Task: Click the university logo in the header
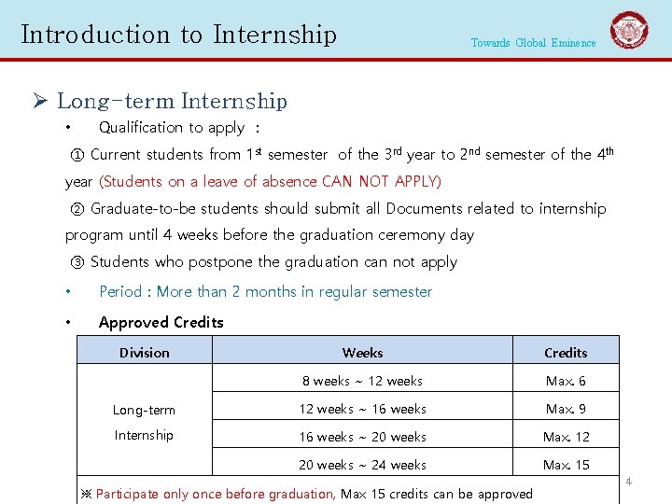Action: pos(629,31)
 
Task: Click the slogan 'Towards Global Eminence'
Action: pos(533,43)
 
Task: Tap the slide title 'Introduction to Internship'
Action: pos(178,35)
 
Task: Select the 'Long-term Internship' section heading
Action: pos(172,101)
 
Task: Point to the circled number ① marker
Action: pos(77,155)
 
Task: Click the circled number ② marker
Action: pos(77,209)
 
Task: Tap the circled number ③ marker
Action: pos(77,262)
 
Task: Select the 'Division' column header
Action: pos(145,353)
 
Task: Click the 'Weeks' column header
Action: pos(362,353)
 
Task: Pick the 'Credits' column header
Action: pos(566,353)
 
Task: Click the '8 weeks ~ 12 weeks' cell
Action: pos(362,381)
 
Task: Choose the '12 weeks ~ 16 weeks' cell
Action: pos(362,409)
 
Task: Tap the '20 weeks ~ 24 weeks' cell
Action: pos(362,465)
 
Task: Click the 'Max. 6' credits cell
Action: pos(566,381)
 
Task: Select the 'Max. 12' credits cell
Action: pos(566,437)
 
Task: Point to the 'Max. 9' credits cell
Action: pos(566,409)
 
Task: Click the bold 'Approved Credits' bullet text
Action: pos(161,323)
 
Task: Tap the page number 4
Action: pos(629,482)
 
